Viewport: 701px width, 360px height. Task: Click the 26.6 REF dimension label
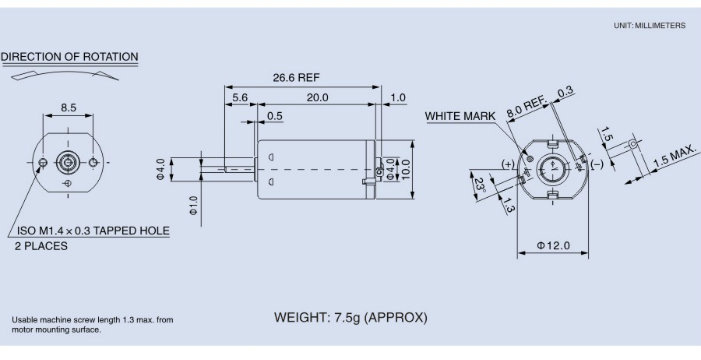click(296, 78)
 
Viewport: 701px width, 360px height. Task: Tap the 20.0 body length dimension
click(317, 97)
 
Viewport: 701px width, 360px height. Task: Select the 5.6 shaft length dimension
click(240, 97)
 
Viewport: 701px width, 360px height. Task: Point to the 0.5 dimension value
click(274, 116)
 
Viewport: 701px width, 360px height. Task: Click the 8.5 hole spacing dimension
click(68, 107)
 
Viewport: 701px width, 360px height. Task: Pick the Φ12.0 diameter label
click(553, 246)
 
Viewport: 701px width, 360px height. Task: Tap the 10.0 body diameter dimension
click(405, 169)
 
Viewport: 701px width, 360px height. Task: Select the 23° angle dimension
click(480, 185)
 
